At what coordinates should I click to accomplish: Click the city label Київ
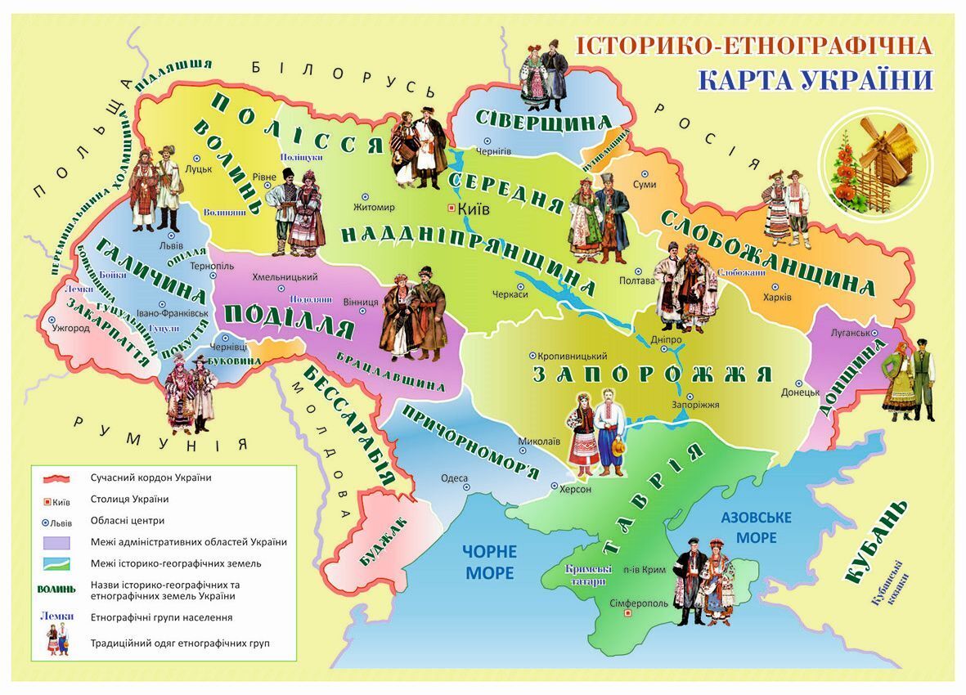[474, 209]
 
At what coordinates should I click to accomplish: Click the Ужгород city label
[70, 328]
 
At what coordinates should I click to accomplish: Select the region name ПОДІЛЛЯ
[288, 321]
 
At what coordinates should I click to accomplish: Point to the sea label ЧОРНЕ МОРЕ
[489, 562]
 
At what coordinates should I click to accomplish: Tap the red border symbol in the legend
[59, 478]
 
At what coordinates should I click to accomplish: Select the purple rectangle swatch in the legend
[59, 541]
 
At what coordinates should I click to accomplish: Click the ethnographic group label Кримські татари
[585, 575]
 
